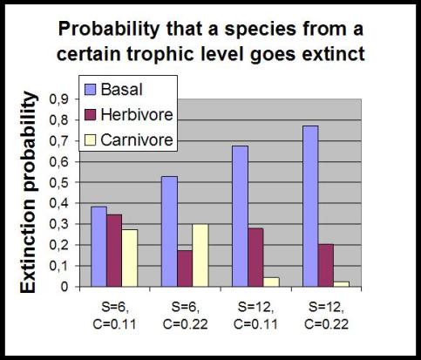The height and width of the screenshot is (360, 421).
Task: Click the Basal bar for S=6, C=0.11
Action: [98, 247]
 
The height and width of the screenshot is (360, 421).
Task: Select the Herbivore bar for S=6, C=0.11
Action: [114, 251]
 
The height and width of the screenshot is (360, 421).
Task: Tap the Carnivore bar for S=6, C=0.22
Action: [200, 255]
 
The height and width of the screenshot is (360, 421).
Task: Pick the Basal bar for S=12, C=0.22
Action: [310, 207]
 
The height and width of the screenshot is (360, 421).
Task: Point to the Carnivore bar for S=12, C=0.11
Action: [271, 282]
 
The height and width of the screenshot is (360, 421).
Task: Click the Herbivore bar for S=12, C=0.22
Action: [326, 266]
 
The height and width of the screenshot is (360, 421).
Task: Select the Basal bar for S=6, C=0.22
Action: [170, 232]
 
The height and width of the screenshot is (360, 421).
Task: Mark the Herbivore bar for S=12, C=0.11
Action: [256, 257]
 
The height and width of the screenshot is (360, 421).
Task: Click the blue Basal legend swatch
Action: [90, 89]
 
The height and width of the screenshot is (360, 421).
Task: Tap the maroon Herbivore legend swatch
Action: [90, 114]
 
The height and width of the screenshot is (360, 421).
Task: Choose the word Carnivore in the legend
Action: [137, 140]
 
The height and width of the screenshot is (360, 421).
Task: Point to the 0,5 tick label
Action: [58, 183]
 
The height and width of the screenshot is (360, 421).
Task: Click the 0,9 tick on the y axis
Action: [77, 99]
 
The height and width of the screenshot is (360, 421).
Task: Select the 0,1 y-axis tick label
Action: [58, 267]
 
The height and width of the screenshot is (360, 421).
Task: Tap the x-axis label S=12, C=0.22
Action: [326, 316]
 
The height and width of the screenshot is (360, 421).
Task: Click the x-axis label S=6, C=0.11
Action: [114, 316]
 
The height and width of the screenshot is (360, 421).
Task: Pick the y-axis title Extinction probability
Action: [29, 193]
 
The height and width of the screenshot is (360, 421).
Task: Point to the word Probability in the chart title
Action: [109, 30]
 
